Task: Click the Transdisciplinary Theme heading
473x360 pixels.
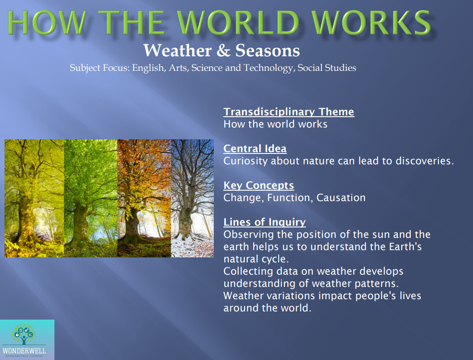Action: pos(289,112)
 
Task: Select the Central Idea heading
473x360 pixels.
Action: pos(255,148)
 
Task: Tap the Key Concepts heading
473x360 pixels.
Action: pos(258,185)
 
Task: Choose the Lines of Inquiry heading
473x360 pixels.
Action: pos(264,222)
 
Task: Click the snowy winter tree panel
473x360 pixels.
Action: pos(192,198)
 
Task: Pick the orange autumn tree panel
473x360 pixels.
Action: pos(144,198)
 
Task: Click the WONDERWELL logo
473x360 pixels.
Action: pos(27,340)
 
